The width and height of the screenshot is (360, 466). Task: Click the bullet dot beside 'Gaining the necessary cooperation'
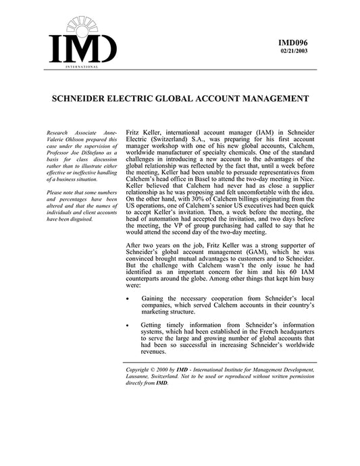[x=129, y=297]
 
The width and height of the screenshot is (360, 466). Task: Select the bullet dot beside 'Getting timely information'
[x=129, y=325]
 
